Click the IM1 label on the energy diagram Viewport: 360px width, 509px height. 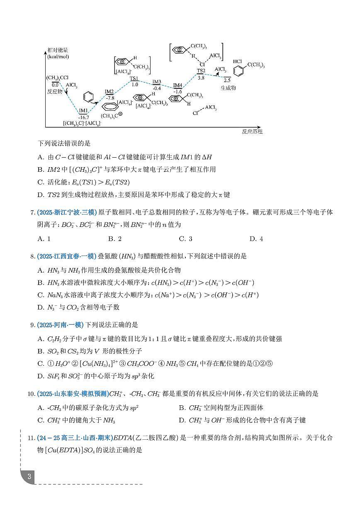pyautogui.click(x=83, y=110)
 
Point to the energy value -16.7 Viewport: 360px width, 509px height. pyautogui.click(x=83, y=117)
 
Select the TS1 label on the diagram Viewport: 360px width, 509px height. pyautogui.click(x=134, y=78)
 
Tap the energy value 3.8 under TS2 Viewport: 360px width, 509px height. pyautogui.click(x=201, y=78)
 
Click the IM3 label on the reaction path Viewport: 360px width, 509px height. pyautogui.click(x=157, y=82)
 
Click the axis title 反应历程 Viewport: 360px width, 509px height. pyautogui.click(x=252, y=132)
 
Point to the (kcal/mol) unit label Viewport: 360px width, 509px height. pyautogui.click(x=57, y=56)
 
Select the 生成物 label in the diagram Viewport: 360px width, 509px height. pyautogui.click(x=228, y=88)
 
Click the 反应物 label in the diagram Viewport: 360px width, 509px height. pyautogui.click(x=54, y=91)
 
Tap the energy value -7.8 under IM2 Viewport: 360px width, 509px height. pyautogui.click(x=110, y=98)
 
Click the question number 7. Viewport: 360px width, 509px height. pyautogui.click(x=32, y=213)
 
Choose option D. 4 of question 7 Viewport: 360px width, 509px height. pyautogui.click(x=256, y=239)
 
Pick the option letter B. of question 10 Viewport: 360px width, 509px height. pyautogui.click(x=182, y=408)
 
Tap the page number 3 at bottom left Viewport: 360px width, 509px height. pyautogui.click(x=29, y=476)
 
